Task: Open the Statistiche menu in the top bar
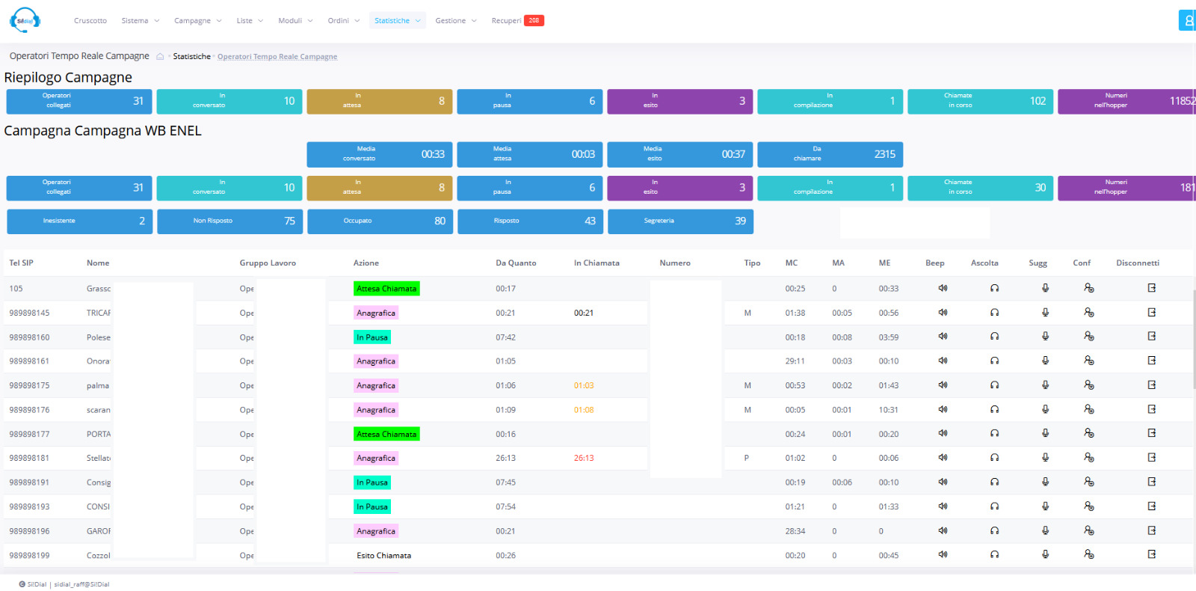(397, 21)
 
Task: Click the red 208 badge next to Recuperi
(534, 21)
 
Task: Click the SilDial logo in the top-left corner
(25, 20)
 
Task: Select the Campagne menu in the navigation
(197, 21)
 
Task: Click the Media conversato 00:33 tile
(380, 154)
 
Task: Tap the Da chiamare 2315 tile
(830, 154)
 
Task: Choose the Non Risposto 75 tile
(229, 221)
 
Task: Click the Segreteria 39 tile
(680, 221)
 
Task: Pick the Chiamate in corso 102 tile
(980, 101)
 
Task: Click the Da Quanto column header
(516, 263)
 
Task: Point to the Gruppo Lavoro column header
(268, 263)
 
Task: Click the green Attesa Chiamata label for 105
(386, 289)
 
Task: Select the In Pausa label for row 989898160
(372, 337)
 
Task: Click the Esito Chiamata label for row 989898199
(383, 556)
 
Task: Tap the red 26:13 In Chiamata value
(584, 459)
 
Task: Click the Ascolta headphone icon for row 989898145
(994, 313)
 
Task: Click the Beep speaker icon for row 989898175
(943, 385)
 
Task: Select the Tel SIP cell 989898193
(29, 507)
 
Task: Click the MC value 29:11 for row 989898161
(795, 361)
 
